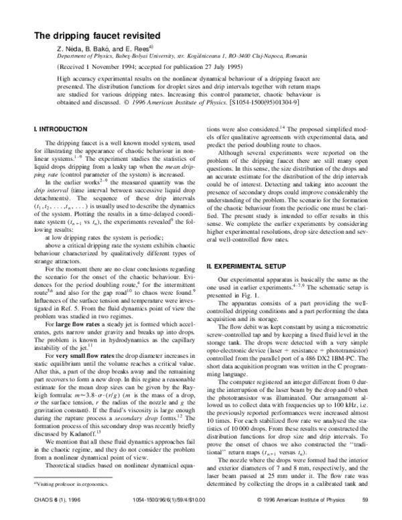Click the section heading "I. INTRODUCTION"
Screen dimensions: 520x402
click(60, 128)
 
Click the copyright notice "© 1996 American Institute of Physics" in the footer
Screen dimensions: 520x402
click(296, 500)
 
